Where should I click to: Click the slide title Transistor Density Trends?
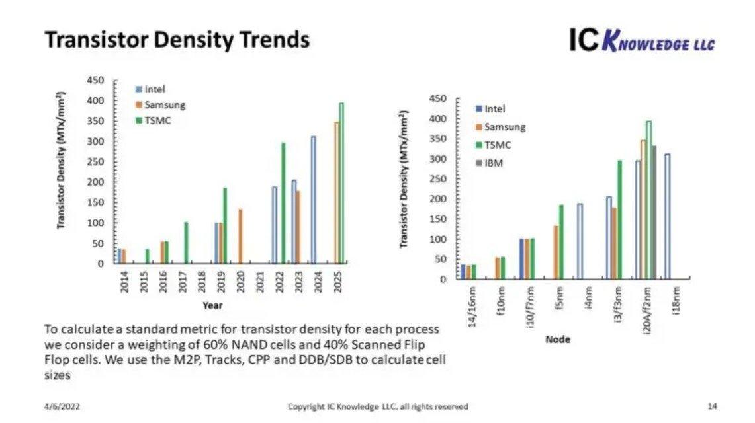177,40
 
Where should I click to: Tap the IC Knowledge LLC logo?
641,40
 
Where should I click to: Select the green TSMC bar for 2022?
283,203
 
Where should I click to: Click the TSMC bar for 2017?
186,243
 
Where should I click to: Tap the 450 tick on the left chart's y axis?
97,81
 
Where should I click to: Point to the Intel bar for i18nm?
668,216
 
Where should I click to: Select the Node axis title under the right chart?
558,339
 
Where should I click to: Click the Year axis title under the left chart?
212,305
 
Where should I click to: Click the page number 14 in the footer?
712,406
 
